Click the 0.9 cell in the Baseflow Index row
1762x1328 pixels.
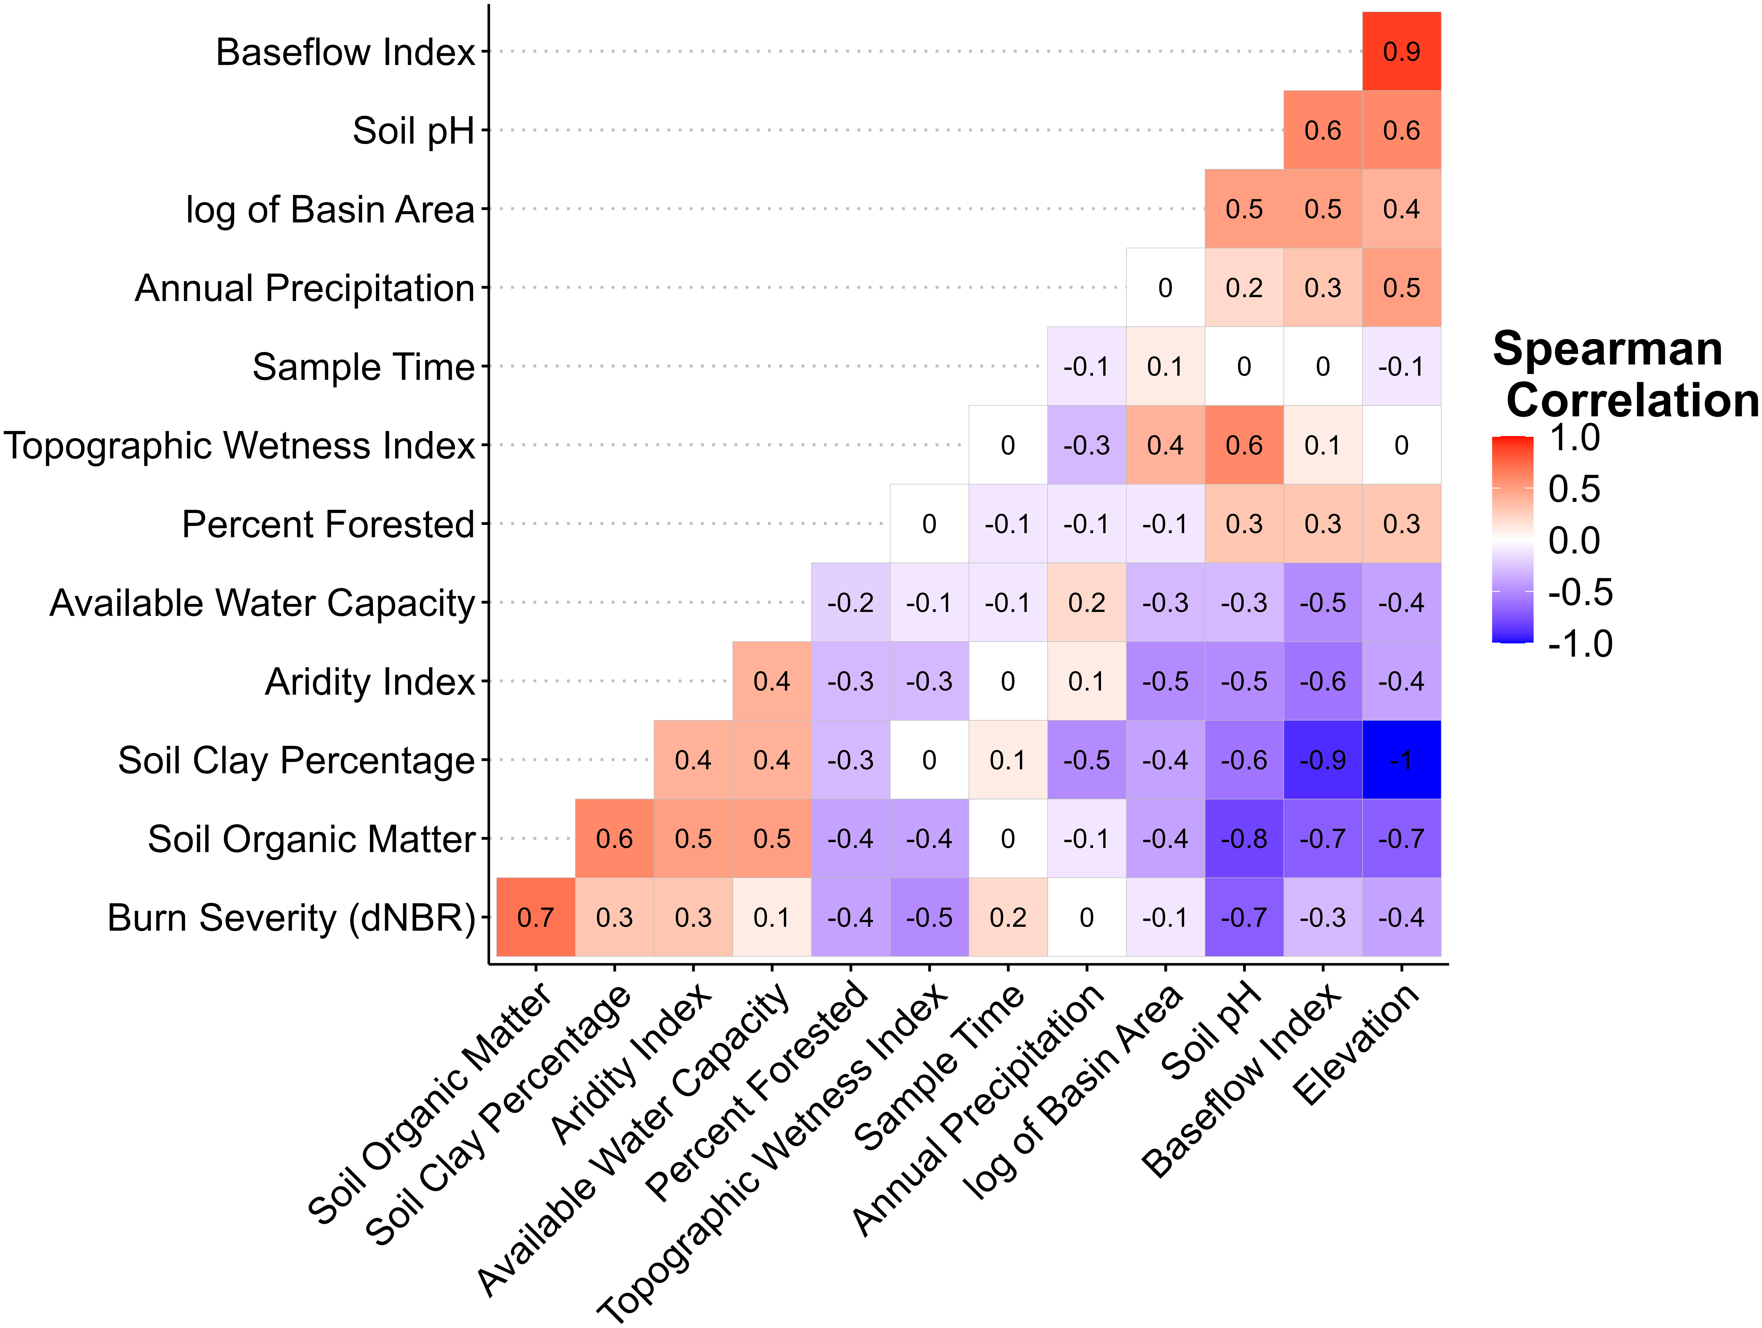coord(1401,51)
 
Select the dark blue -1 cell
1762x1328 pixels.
coord(1401,760)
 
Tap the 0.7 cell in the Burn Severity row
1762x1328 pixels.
coord(535,917)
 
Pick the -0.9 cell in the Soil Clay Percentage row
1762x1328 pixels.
coord(1322,760)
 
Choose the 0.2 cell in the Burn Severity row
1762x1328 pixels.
coord(1008,917)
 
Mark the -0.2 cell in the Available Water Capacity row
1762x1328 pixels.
coord(850,602)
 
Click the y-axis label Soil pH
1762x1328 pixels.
coord(413,131)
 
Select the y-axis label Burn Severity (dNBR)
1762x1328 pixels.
coord(291,918)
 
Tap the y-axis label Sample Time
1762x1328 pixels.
coord(363,367)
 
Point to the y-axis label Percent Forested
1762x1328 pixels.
coord(328,524)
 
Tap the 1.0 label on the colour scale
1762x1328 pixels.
coord(1574,438)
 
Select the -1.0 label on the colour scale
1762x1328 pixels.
coord(1580,644)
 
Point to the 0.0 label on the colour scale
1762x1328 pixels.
coord(1574,541)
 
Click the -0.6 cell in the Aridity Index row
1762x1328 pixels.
coord(1322,681)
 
